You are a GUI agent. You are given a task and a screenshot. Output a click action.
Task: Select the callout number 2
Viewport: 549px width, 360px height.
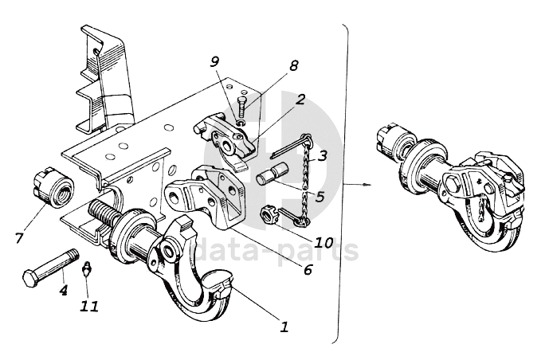click(300, 100)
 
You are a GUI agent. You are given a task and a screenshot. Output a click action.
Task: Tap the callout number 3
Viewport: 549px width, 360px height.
click(322, 155)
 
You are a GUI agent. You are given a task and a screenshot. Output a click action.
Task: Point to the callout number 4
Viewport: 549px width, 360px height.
click(64, 289)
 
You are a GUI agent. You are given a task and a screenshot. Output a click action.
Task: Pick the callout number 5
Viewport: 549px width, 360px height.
click(320, 197)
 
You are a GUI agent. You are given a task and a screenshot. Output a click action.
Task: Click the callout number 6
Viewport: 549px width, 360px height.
click(308, 269)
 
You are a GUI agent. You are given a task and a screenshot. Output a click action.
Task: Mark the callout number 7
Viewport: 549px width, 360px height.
click(19, 238)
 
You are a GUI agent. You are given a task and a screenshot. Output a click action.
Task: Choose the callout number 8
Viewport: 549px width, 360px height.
click(293, 65)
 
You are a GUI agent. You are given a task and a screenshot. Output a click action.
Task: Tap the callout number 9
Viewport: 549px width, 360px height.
click(214, 62)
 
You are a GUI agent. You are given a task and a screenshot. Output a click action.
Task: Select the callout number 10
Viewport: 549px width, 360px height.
click(323, 242)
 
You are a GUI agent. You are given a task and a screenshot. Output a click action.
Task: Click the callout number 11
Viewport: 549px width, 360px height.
click(89, 307)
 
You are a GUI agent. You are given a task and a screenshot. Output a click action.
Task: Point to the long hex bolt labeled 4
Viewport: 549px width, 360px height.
click(50, 268)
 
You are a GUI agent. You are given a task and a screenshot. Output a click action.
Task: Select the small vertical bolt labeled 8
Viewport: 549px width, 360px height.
click(242, 108)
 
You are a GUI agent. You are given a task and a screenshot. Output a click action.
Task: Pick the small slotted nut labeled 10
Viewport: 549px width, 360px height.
click(268, 214)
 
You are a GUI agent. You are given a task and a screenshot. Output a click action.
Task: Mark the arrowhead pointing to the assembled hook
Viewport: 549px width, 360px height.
click(367, 184)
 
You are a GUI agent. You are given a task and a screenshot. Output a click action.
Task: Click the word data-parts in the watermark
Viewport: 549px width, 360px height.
click(276, 249)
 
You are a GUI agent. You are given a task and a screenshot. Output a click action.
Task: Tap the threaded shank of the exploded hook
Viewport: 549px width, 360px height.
click(102, 213)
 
